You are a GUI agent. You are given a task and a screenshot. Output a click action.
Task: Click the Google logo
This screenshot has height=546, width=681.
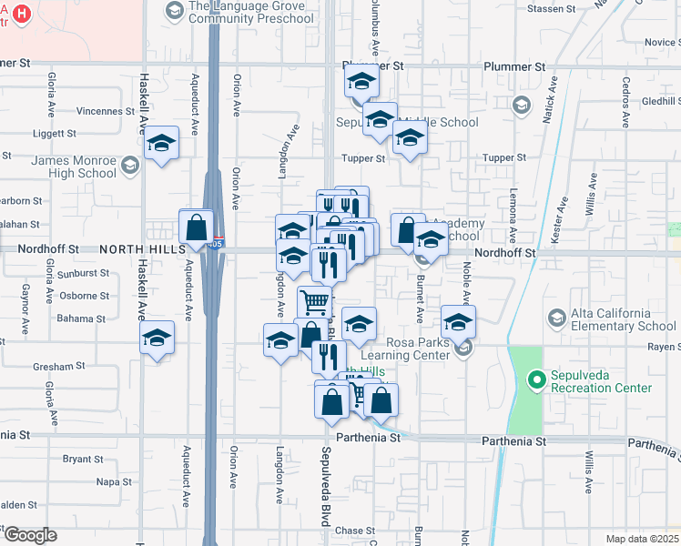[29, 535]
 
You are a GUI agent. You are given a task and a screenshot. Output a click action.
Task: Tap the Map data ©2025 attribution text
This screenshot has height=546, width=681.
[642, 539]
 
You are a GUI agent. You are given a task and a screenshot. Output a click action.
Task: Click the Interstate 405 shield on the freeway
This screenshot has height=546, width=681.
[212, 245]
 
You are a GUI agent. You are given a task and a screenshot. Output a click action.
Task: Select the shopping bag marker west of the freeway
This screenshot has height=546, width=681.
[197, 227]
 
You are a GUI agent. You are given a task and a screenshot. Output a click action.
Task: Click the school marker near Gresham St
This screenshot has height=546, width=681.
[158, 339]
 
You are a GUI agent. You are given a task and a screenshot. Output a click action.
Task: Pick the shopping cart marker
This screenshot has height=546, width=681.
[314, 301]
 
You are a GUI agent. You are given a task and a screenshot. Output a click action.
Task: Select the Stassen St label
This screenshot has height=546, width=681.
[553, 8]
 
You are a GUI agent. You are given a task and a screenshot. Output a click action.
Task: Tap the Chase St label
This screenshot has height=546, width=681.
[349, 531]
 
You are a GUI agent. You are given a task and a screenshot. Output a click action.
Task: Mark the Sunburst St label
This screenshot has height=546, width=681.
[82, 272]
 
